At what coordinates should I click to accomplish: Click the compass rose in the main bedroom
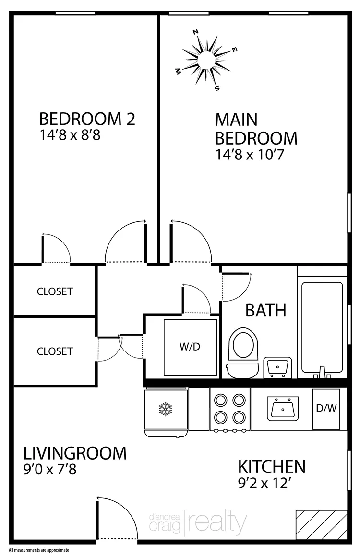206,60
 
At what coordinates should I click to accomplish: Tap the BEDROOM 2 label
87,119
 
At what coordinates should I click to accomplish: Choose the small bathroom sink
278,368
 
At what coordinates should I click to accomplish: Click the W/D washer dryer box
190,347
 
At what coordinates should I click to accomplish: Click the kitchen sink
282,408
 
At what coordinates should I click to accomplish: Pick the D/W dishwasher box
326,409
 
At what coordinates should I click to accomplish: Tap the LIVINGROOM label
75,453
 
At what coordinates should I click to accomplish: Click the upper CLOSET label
55,291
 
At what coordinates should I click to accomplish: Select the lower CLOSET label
55,351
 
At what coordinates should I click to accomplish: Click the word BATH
265,310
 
